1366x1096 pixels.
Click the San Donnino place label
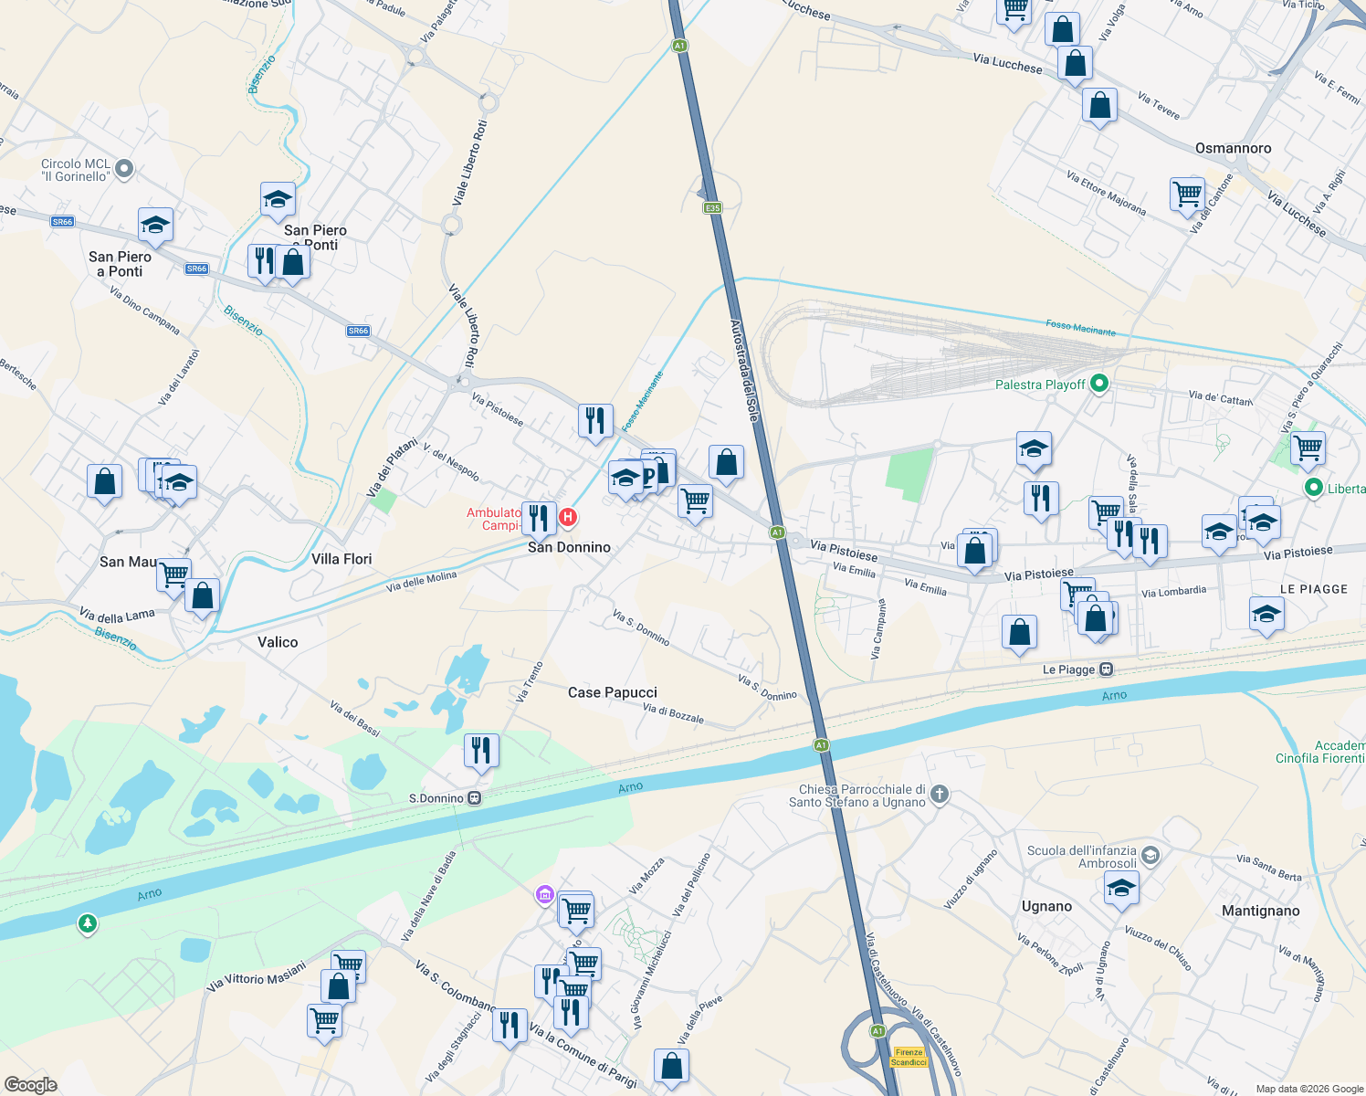[569, 547]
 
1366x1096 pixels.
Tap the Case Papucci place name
[612, 692]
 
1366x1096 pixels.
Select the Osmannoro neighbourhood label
[1233, 148]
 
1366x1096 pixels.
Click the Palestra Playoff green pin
[1099, 385]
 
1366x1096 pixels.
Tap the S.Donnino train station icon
[475, 798]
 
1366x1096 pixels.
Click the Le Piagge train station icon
[1106, 669]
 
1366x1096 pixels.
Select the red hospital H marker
[567, 519]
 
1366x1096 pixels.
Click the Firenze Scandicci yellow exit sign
[909, 1057]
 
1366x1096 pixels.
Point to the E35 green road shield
[712, 208]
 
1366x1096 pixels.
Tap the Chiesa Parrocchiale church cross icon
[940, 795]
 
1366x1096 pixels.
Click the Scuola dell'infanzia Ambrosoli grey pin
[1151, 856]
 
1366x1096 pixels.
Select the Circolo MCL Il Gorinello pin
[125, 169]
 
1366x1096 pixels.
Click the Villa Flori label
[341, 559]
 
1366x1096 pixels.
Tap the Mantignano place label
[1260, 911]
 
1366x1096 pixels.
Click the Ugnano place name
[1046, 906]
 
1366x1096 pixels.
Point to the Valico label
[278, 642]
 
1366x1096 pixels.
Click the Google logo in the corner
[31, 1085]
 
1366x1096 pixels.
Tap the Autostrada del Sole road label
[745, 370]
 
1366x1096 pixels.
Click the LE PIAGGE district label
[1313, 589]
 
